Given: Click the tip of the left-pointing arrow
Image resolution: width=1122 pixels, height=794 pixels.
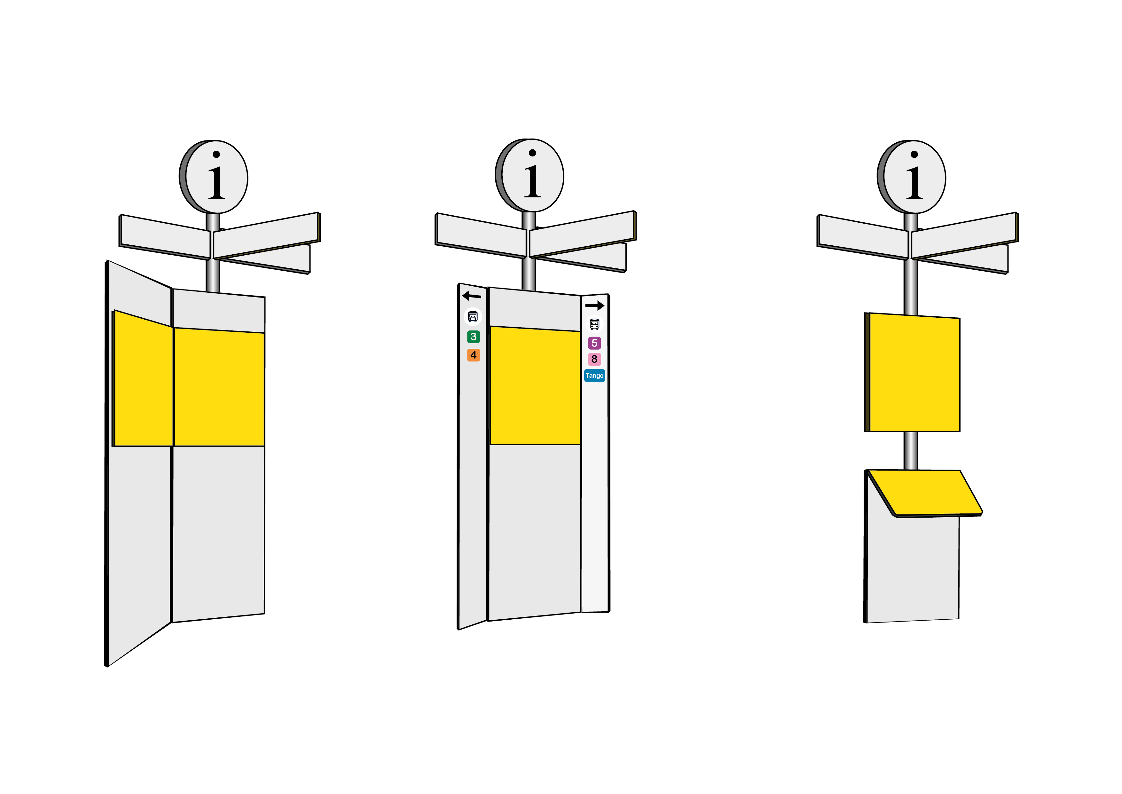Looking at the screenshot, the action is [463, 295].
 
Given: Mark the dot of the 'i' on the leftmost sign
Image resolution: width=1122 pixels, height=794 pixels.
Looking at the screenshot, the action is [216, 155].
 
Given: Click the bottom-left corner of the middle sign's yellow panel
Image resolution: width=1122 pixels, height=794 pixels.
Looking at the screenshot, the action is [490, 444].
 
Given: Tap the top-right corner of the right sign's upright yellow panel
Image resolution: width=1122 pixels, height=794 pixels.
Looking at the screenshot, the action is [960, 319].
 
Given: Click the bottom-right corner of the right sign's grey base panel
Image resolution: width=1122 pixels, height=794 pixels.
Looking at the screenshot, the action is [959, 619].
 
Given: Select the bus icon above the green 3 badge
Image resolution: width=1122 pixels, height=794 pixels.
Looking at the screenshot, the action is [473, 317].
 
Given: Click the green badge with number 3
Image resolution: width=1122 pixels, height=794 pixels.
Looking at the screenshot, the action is [474, 337].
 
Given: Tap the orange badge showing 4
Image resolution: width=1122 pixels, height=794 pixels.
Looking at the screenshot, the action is [474, 355].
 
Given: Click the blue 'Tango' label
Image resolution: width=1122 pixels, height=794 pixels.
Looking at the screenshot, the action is [595, 376].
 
